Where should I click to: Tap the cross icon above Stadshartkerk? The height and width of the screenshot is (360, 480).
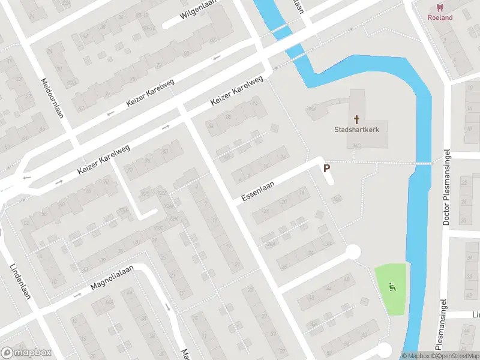[x=357, y=119]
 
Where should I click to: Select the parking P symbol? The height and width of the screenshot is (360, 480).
[x=327, y=170]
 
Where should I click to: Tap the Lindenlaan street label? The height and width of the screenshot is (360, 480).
[x=20, y=281]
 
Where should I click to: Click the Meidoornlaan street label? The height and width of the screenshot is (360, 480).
[x=52, y=97]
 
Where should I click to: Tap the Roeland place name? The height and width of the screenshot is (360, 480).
[x=440, y=17]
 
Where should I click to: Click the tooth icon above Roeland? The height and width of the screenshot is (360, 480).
[x=440, y=8]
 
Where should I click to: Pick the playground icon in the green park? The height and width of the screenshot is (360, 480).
[x=392, y=287]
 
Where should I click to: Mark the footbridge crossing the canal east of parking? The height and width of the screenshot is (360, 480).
[x=424, y=163]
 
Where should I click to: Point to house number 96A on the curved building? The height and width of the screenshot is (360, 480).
[x=311, y=109]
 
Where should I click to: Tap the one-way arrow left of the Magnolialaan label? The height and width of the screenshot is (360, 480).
[x=77, y=295]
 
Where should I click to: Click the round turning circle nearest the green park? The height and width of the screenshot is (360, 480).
[x=353, y=251]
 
